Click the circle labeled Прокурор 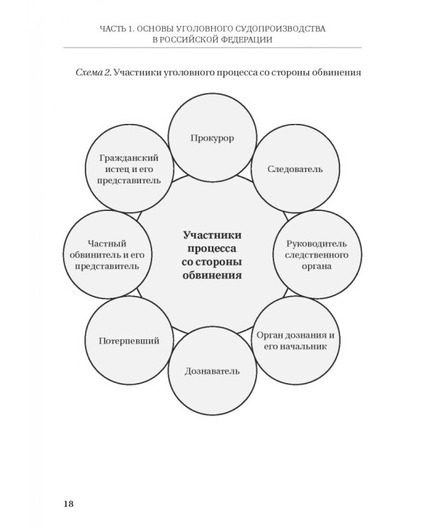point(212,137)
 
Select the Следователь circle point(295,169)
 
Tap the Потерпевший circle point(129,341)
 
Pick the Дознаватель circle point(212,371)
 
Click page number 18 point(69,503)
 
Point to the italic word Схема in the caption point(89,72)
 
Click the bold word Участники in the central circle point(212,235)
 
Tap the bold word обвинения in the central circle point(212,275)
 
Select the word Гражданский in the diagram point(129,158)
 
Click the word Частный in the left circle point(107,244)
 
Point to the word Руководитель point(317,244)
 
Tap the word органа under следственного point(317,266)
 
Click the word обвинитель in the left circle point(93,255)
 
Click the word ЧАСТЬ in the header point(112,29)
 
